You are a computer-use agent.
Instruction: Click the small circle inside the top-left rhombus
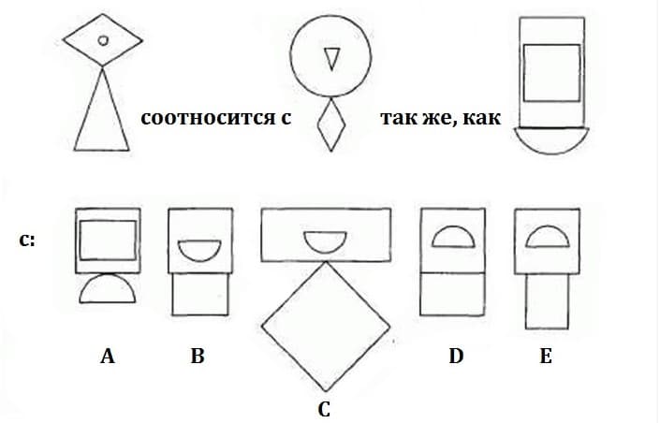pyautogui.click(x=103, y=40)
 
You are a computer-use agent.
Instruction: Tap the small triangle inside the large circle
pyautogui.click(x=331, y=59)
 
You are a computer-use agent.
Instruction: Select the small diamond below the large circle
pyautogui.click(x=331, y=124)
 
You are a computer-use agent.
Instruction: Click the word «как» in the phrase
pyautogui.click(x=482, y=118)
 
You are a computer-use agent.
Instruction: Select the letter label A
pyautogui.click(x=108, y=356)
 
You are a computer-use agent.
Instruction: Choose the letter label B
pyautogui.click(x=198, y=356)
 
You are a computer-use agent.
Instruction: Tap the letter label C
pyautogui.click(x=324, y=410)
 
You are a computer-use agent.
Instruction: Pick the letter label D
pyautogui.click(x=456, y=356)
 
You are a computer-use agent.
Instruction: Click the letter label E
pyautogui.click(x=546, y=356)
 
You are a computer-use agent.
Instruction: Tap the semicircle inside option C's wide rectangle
pyautogui.click(x=325, y=248)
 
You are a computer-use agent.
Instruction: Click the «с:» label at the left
pyautogui.click(x=27, y=241)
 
